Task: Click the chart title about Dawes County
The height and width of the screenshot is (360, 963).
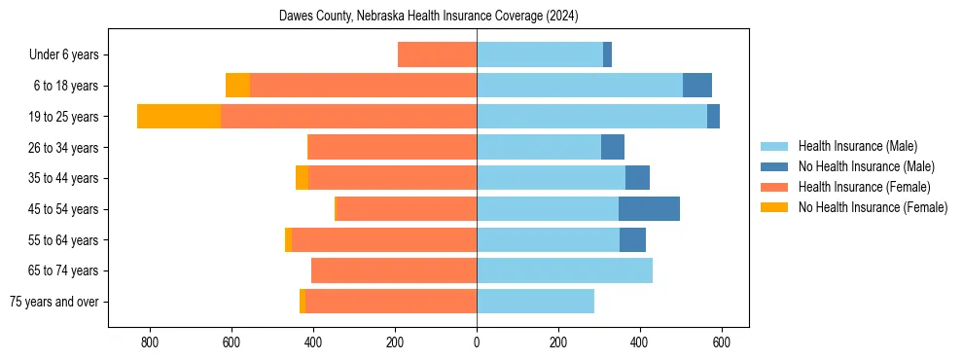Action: point(428,17)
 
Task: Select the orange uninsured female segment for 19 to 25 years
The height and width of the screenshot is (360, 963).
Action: point(179,116)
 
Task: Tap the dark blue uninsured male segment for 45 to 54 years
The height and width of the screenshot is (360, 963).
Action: point(649,208)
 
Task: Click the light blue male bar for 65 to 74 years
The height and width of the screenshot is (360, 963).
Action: point(564,270)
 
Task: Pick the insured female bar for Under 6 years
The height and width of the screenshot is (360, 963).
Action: point(437,54)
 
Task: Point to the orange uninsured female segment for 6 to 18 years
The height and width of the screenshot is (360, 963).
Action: point(237,86)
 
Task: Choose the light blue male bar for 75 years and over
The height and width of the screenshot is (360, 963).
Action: point(535,302)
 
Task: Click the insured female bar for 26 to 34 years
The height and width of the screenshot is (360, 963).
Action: point(391,147)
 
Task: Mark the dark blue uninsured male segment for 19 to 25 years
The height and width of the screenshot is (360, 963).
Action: point(713,116)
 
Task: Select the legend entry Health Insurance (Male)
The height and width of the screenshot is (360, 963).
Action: point(857,146)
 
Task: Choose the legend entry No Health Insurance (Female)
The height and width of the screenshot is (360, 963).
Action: point(873,207)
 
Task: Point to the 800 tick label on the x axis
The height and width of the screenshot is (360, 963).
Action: point(150,342)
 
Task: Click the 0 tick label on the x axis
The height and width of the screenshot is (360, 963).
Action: point(477,342)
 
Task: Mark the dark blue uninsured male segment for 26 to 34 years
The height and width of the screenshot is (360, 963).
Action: point(613,147)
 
